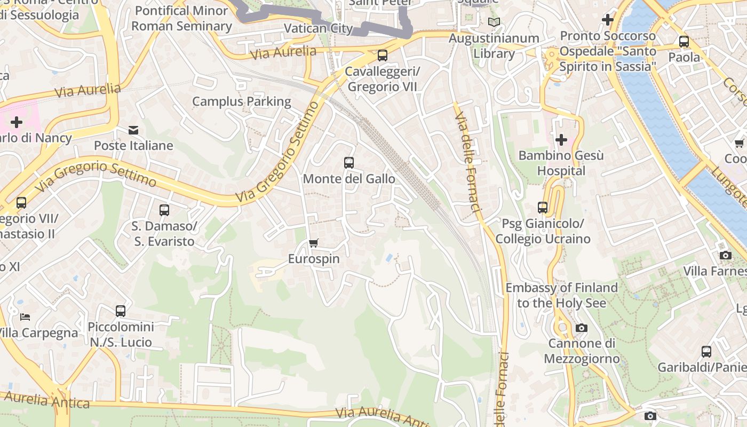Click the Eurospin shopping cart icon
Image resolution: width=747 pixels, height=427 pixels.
click(314, 243)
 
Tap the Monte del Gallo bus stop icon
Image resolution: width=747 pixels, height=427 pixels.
click(349, 163)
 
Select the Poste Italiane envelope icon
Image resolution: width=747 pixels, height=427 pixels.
click(133, 130)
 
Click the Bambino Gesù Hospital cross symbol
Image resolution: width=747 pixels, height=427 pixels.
click(561, 140)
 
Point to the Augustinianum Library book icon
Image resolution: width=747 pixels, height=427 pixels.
click(494, 22)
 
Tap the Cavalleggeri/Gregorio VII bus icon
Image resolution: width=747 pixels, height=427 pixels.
click(382, 55)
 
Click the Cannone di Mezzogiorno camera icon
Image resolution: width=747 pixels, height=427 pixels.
click(582, 328)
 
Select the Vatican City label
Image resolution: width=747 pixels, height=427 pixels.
click(318, 28)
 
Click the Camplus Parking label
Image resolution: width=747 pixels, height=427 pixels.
click(241, 101)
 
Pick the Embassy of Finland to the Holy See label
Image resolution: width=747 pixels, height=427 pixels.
click(561, 295)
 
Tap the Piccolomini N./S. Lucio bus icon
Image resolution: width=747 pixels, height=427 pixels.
click(121, 311)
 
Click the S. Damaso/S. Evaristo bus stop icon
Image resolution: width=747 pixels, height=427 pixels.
click(164, 210)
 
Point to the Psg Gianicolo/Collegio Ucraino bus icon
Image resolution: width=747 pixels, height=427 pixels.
click(543, 208)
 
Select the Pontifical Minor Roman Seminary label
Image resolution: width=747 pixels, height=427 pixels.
click(181, 18)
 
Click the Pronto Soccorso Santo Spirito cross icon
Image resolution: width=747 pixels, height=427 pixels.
click(607, 20)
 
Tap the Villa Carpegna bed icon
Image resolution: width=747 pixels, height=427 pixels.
click(25, 317)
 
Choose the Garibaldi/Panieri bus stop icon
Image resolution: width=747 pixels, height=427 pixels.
click(706, 351)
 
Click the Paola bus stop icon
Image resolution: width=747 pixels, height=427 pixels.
click(684, 41)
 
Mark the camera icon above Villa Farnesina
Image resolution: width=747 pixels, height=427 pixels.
click(725, 255)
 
